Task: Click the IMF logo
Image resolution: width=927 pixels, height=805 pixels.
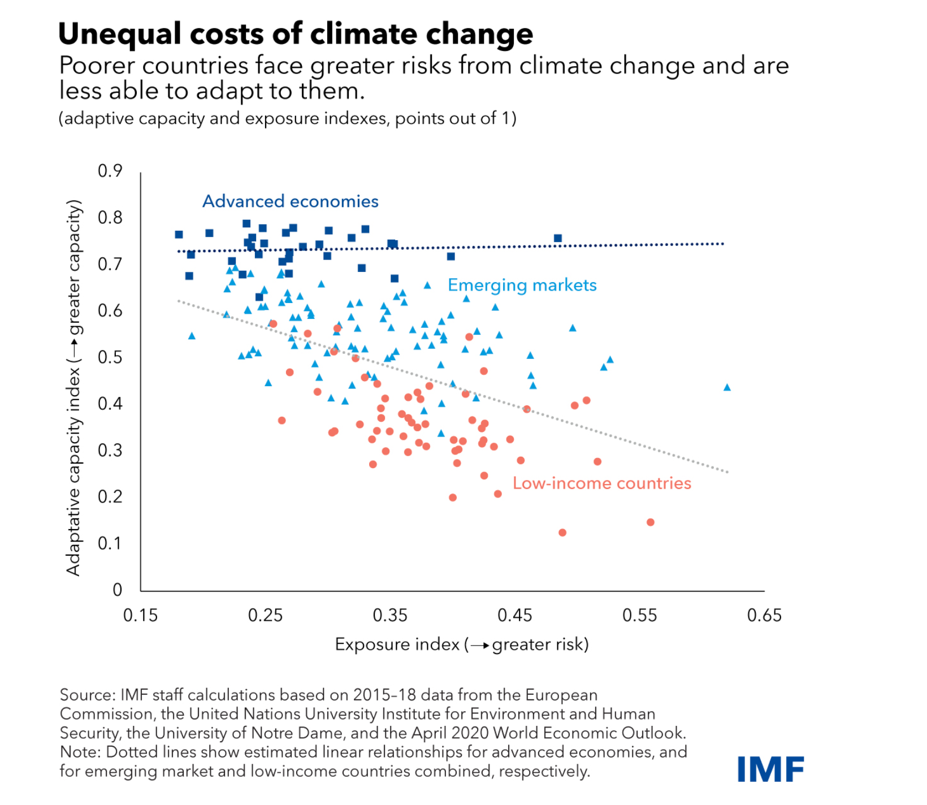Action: coord(770,769)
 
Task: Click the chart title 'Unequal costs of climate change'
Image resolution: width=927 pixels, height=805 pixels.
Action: coord(295,34)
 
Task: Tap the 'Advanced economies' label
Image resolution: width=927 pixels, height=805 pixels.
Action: coord(290,201)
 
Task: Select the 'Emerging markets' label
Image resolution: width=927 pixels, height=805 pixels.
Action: coord(522,285)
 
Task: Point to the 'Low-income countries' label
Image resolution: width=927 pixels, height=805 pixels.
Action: coord(601,483)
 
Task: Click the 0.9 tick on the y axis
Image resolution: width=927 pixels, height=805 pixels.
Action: coord(110,171)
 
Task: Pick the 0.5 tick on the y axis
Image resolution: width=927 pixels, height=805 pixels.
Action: coord(110,357)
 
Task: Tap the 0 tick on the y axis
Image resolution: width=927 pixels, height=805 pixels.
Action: coord(117,590)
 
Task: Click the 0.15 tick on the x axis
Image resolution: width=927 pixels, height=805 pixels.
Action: coord(140,615)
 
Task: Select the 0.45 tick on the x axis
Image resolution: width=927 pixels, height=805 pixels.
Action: coord(514,615)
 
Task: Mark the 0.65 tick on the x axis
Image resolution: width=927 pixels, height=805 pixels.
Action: coord(764,615)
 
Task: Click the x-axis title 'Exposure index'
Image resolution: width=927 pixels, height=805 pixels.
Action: coord(397,644)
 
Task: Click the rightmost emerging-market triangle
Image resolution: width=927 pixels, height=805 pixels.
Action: coord(727,387)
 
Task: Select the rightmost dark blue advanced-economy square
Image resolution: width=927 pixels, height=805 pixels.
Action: coord(558,239)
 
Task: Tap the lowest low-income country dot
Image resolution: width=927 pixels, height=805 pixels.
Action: coord(562,533)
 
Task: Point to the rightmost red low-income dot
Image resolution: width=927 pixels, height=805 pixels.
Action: coord(651,522)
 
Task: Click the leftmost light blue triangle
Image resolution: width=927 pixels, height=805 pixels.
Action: coord(192,336)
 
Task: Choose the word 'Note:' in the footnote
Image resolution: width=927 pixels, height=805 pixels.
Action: coord(80,752)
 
